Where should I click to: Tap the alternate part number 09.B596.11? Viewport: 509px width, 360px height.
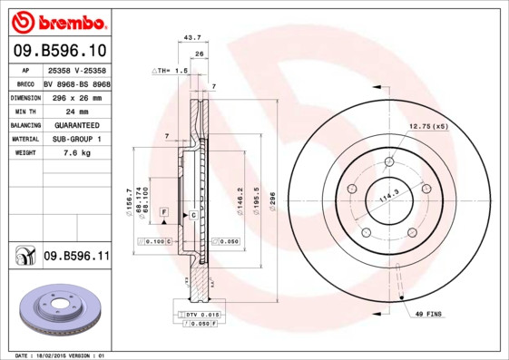76,257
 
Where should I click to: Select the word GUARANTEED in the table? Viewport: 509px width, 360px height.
77,125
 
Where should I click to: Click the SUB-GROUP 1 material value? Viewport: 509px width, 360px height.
76,139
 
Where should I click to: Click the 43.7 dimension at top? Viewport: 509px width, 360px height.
192,38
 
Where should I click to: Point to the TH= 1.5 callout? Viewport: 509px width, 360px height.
170,70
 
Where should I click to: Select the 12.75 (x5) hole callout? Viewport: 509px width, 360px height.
428,126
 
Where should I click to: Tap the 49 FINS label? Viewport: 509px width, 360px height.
429,313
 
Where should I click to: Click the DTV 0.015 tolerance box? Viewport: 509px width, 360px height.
199,314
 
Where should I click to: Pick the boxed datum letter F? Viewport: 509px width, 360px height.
163,211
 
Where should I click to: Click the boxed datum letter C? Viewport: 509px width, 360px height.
193,215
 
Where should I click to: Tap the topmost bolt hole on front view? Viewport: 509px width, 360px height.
389,163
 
